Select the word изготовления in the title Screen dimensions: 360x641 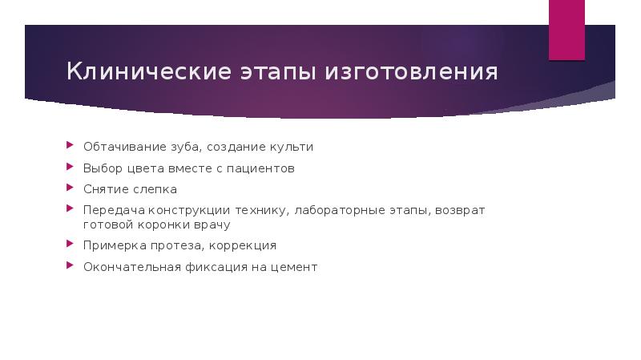pyautogui.click(x=411, y=73)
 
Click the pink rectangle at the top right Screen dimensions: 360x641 pyautogui.click(x=566, y=29)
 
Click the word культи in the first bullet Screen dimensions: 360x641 pyautogui.click(x=293, y=148)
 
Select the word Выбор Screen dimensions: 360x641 pyautogui.click(x=101, y=168)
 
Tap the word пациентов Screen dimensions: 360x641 pyautogui.click(x=261, y=168)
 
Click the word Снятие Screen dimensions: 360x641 pyautogui.click(x=104, y=189)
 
